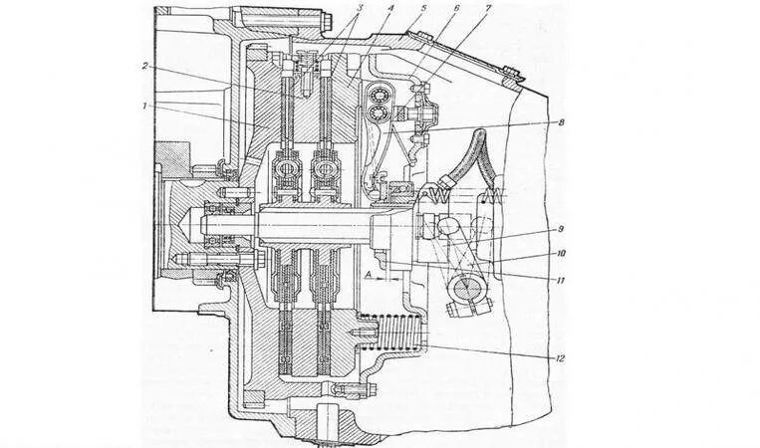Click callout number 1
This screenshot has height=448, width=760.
coord(145,103)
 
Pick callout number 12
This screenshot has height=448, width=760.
coord(563,356)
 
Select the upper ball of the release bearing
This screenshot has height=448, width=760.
coord(380,97)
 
